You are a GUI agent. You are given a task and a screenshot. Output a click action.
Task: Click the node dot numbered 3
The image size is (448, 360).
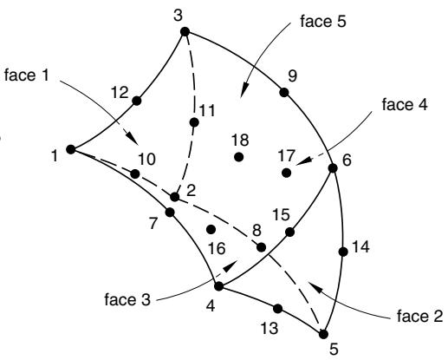(x=185, y=31)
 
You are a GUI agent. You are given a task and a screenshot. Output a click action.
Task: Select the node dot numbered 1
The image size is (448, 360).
(x=71, y=149)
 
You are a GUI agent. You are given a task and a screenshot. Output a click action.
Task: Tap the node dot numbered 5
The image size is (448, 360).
(x=323, y=334)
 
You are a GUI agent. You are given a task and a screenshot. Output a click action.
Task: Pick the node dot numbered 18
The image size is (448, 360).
(x=238, y=157)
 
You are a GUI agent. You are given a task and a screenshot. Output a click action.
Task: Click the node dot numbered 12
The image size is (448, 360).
(x=137, y=101)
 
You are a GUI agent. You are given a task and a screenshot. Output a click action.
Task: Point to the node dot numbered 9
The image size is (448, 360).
(x=284, y=93)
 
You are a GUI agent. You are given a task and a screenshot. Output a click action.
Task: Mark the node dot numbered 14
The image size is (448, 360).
(x=343, y=252)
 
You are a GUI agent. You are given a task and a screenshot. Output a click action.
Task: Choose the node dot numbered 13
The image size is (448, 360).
(x=277, y=309)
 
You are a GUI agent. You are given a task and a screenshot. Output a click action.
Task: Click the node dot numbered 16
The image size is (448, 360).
(x=211, y=230)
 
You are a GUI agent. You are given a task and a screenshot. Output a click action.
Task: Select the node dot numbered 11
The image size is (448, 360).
(x=194, y=122)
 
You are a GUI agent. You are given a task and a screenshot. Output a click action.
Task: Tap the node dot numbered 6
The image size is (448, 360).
(x=333, y=168)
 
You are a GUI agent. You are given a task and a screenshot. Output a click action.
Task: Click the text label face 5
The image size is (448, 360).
(x=323, y=22)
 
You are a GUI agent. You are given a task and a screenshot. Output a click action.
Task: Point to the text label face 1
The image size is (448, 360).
(x=27, y=75)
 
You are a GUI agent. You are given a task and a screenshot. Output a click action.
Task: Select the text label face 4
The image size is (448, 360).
(x=405, y=104)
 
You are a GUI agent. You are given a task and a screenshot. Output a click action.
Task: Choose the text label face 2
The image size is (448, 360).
(x=419, y=316)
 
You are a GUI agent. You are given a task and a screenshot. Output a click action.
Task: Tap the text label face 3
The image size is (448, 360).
(x=127, y=299)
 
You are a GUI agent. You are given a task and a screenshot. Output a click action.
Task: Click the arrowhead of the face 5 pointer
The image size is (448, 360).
(x=244, y=89)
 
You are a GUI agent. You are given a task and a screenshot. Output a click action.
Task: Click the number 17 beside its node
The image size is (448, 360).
(x=287, y=156)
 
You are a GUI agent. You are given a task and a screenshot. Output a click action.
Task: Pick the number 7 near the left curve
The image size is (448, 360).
(x=153, y=223)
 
